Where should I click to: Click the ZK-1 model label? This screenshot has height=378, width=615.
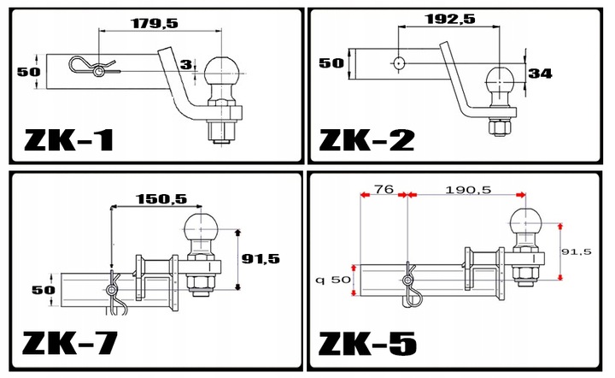(69, 140)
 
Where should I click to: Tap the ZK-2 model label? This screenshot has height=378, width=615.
(366, 140)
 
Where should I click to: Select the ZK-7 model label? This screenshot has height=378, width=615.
(70, 343)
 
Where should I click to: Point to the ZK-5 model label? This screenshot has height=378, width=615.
(367, 344)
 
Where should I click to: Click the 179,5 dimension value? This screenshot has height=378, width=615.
(155, 23)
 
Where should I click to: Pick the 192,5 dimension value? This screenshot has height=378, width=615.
(450, 19)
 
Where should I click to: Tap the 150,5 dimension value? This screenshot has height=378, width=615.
(161, 199)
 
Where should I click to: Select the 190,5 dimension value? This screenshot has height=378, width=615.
(468, 190)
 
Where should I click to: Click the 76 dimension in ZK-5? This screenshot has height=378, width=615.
(384, 189)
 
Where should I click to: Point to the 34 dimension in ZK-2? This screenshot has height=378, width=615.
(540, 74)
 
